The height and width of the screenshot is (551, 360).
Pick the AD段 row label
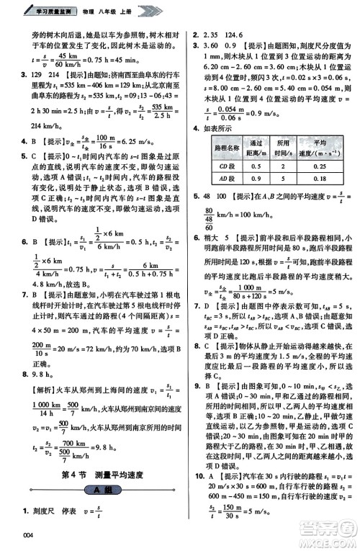point(217,179)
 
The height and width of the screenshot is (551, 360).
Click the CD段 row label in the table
point(217,168)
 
